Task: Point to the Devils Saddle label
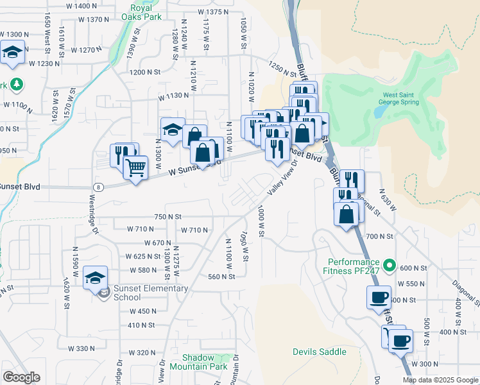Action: pyautogui.click(x=319, y=352)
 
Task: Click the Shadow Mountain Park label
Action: pyautogui.click(x=205, y=362)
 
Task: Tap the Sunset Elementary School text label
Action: pyautogui.click(x=151, y=293)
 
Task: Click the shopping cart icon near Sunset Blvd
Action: pyautogui.click(x=135, y=168)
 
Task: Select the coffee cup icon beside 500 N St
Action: pyautogui.click(x=377, y=298)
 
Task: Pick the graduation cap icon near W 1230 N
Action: pyautogui.click(x=12, y=52)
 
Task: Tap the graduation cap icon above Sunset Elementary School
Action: pyautogui.click(x=95, y=277)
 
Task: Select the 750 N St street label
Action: pyautogui.click(x=168, y=217)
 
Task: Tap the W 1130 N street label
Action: pyautogui.click(x=174, y=96)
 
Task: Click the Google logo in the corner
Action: pyautogui.click(x=21, y=377)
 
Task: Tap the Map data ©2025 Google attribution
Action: pyautogui.click(x=440, y=380)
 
